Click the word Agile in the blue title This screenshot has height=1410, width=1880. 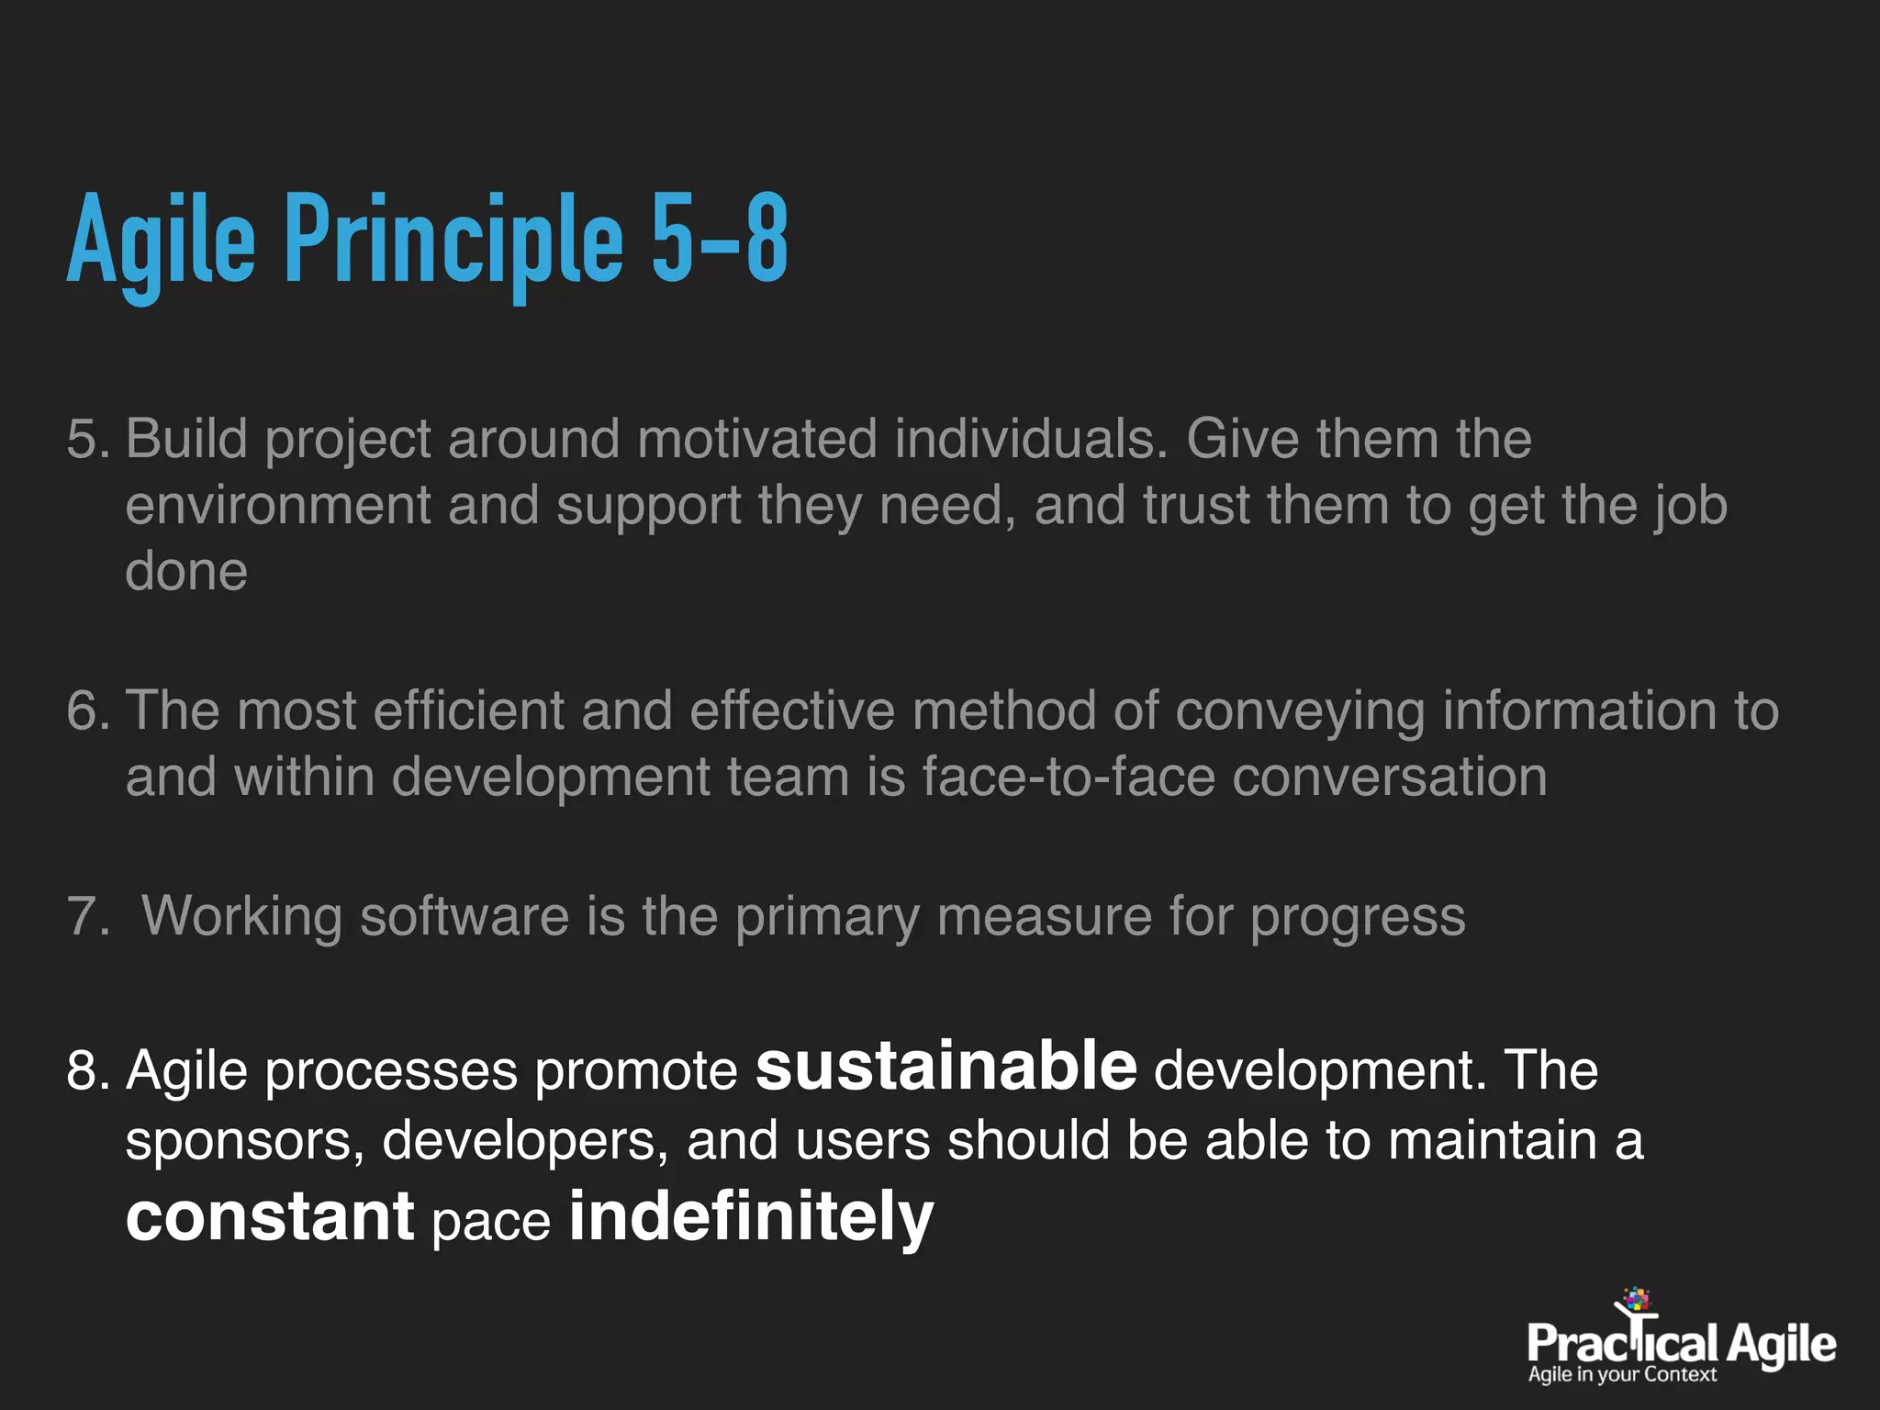(161, 241)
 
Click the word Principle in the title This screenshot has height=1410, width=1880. (453, 241)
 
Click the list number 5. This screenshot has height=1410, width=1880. (86, 439)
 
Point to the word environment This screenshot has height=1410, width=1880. (277, 506)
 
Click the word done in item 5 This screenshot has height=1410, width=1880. (186, 572)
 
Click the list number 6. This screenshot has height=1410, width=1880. (86, 711)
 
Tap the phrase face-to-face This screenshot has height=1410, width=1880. (1069, 778)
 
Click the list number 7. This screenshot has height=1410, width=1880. (86, 917)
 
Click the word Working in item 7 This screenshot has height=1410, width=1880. (241, 917)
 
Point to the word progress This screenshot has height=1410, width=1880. (1358, 917)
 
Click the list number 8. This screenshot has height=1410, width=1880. (86, 1071)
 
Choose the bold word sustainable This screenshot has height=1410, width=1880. (946, 1067)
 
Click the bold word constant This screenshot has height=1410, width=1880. (270, 1216)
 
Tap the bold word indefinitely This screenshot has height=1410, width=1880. (751, 1216)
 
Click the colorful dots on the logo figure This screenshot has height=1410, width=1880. (1636, 1299)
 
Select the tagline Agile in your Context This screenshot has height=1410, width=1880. (1621, 1374)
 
